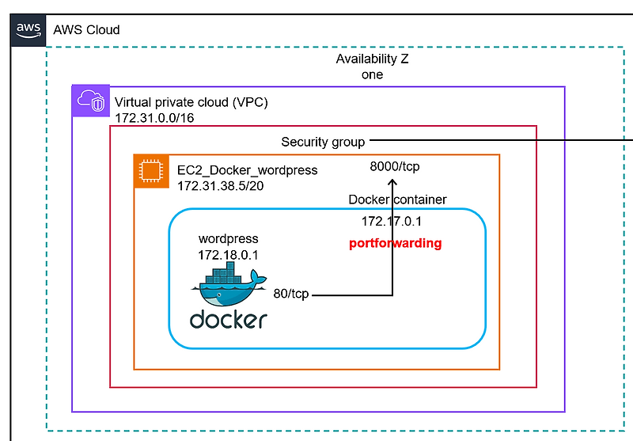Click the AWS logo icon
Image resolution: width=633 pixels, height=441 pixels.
tap(28, 29)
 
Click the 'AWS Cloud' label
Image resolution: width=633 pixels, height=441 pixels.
tap(86, 30)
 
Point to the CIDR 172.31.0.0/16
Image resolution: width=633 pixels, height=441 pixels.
tap(154, 118)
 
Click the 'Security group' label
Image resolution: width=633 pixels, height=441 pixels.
tap(323, 142)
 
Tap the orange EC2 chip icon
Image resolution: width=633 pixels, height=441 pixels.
tap(148, 169)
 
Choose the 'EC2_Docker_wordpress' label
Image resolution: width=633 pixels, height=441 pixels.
tap(247, 170)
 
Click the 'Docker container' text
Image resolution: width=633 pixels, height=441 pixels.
tap(397, 200)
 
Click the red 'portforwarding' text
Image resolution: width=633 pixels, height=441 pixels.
tap(395, 243)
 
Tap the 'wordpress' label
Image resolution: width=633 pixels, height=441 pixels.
tap(228, 238)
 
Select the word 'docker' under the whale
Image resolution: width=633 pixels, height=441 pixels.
tap(228, 321)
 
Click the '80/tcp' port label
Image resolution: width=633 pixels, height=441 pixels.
tap(290, 294)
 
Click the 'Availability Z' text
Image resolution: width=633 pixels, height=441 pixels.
tap(372, 59)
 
